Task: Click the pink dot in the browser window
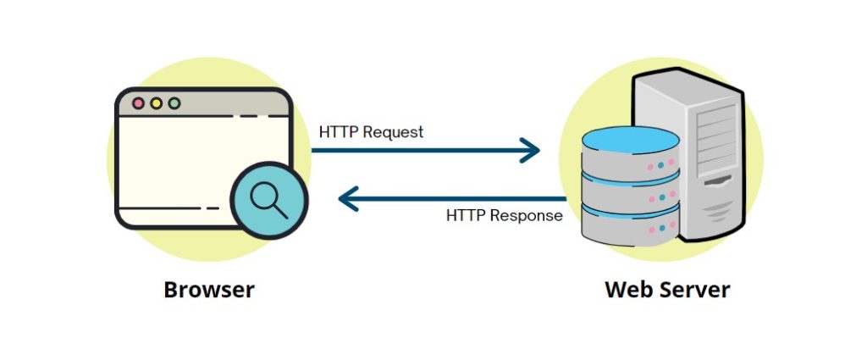tap(138, 103)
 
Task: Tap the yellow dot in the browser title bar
tap(156, 103)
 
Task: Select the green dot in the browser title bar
tap(174, 103)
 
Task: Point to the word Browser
tap(208, 290)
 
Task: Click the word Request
tap(395, 132)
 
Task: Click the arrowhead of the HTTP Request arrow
tap(533, 151)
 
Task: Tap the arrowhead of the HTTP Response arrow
tap(346, 200)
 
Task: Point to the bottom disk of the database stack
tap(631, 227)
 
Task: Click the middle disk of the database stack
tap(631, 196)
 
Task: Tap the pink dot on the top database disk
tap(651, 166)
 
